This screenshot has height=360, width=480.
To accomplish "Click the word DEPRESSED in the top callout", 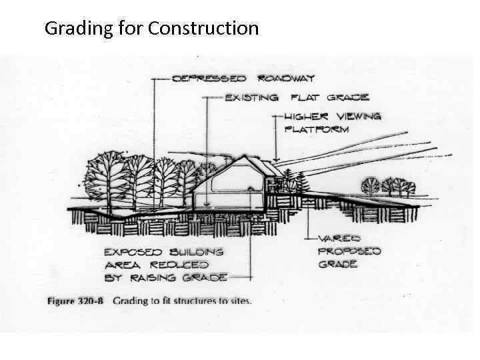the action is (x=209, y=79).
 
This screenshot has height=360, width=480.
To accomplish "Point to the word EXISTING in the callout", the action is (x=251, y=98).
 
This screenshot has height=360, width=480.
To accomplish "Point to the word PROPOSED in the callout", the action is (x=349, y=251).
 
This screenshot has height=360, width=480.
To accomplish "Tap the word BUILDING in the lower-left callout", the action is (x=196, y=251).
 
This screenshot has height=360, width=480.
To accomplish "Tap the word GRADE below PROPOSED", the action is (x=337, y=264).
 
